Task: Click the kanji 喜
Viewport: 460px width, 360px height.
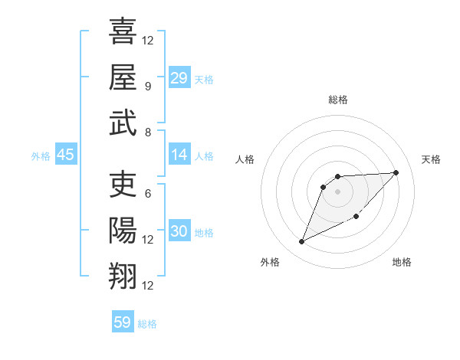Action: pyautogui.click(x=123, y=31)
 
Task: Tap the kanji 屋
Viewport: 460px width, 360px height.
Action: pyautogui.click(x=123, y=77)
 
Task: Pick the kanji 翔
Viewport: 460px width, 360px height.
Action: pyautogui.click(x=123, y=277)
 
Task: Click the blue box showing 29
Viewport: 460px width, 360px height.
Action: pyautogui.click(x=179, y=77)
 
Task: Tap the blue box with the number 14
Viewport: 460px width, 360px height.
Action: pyautogui.click(x=179, y=154)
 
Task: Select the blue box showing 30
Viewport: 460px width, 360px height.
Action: pyautogui.click(x=179, y=231)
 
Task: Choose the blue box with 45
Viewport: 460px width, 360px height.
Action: pyautogui.click(x=66, y=155)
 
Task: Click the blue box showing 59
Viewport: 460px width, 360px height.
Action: pyautogui.click(x=123, y=322)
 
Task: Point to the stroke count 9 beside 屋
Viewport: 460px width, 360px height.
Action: pyautogui.click(x=147, y=86)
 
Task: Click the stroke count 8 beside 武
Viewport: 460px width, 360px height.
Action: pyautogui.click(x=147, y=132)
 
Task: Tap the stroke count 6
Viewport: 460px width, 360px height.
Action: pyautogui.click(x=147, y=193)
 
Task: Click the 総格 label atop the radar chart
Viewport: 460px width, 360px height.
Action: pyautogui.click(x=338, y=100)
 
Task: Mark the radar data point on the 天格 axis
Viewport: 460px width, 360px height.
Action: pyautogui.click(x=396, y=172)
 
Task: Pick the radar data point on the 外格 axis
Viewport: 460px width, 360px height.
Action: pyautogui.click(x=301, y=242)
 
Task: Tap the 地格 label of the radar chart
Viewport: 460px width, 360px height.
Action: pyautogui.click(x=402, y=262)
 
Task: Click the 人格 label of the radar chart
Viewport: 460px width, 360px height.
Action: pyautogui.click(x=245, y=159)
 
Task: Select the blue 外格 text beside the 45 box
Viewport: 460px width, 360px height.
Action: pyautogui.click(x=41, y=155)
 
